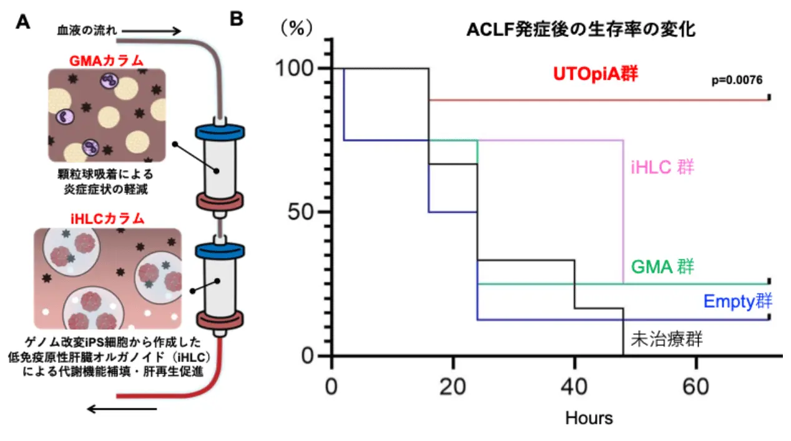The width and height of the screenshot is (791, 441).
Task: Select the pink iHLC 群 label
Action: (663, 167)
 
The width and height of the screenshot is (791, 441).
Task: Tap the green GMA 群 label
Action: (663, 267)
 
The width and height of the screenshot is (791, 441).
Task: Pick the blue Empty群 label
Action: (737, 301)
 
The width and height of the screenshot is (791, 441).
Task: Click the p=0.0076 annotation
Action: (737, 81)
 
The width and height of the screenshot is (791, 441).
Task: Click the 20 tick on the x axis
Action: (453, 387)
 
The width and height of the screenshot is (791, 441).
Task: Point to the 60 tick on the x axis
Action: (695, 387)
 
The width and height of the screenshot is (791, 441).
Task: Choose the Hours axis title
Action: (589, 417)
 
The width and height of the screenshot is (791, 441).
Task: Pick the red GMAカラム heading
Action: (107, 61)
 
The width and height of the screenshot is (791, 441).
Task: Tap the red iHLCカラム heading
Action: (107, 219)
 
